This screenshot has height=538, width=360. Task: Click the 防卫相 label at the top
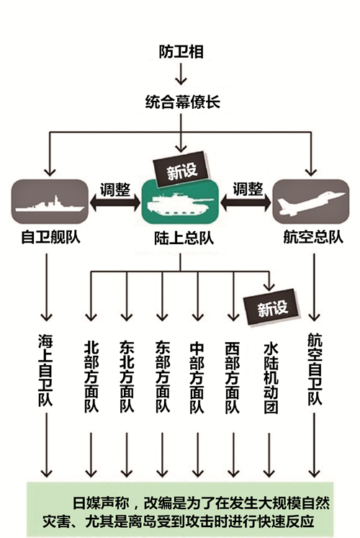click(181, 52)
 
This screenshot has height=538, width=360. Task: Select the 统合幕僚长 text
click(182, 102)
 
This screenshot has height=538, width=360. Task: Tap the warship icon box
click(50, 202)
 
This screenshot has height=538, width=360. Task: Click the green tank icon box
click(180, 202)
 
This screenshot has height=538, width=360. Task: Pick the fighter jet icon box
click(310, 202)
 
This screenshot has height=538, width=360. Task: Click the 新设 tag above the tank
click(182, 169)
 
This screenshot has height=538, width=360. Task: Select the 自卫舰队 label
click(50, 237)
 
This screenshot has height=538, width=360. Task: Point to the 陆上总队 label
click(184, 238)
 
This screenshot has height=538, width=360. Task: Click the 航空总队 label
click(313, 237)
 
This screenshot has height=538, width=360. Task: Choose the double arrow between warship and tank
click(115, 204)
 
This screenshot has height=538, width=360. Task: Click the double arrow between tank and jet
click(246, 204)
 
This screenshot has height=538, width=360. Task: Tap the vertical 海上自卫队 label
click(45, 370)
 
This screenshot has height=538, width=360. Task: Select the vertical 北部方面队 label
click(91, 377)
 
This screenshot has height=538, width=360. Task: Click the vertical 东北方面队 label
click(127, 377)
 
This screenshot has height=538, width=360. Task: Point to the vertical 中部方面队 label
click(197, 377)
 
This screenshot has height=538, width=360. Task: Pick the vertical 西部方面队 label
click(233, 377)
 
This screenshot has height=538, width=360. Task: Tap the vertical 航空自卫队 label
click(315, 369)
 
